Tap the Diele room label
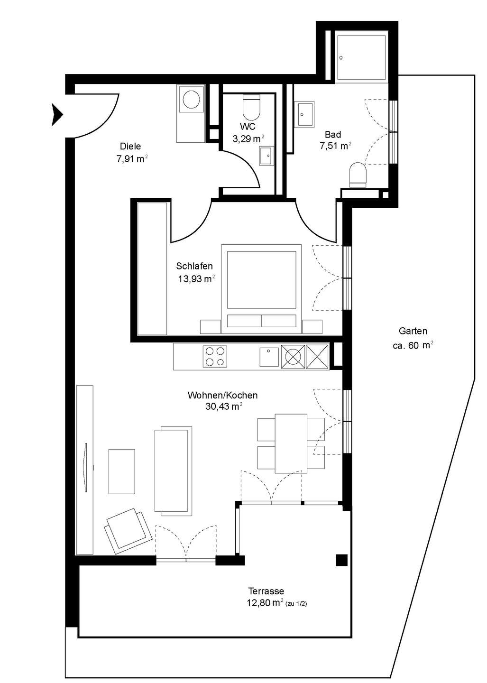click(x=130, y=147)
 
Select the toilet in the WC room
click(x=251, y=107)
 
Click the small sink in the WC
click(x=266, y=156)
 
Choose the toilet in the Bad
click(x=358, y=175)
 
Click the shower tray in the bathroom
click(x=362, y=58)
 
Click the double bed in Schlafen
click(x=261, y=288)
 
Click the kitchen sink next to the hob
click(x=269, y=357)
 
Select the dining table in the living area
click(x=291, y=443)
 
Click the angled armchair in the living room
click(x=128, y=531)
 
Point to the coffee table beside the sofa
click(x=121, y=471)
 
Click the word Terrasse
click(x=266, y=591)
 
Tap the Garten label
click(x=413, y=331)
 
